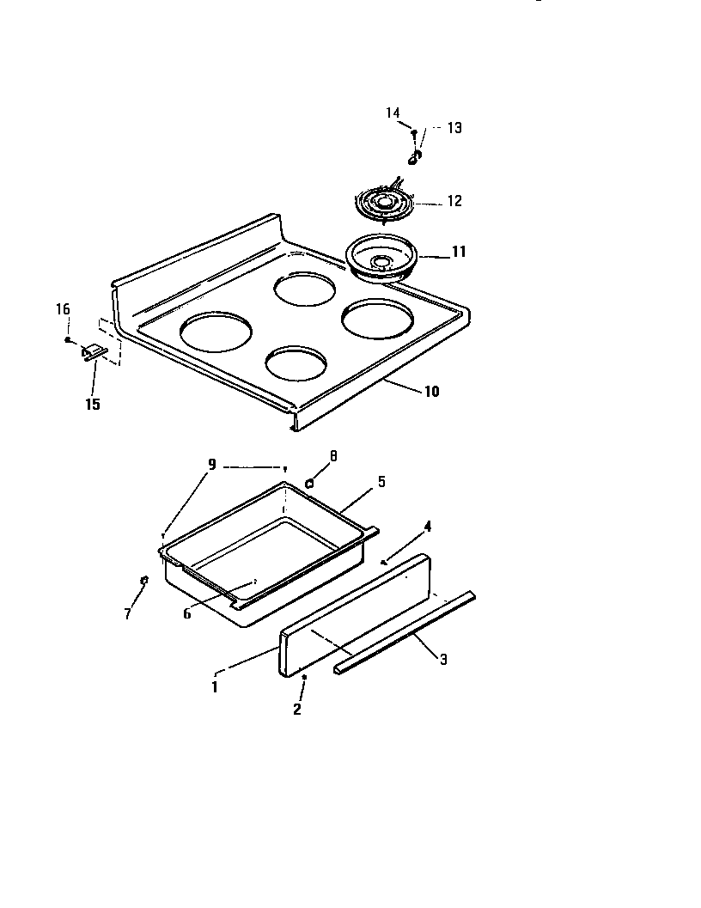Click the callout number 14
tap(393, 113)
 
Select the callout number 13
tap(454, 127)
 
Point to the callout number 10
tap(431, 391)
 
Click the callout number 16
tap(64, 309)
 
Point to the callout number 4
tap(427, 526)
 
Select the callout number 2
tap(297, 710)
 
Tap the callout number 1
tap(215, 686)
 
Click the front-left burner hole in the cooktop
tap(217, 332)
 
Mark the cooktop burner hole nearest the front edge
tap(296, 363)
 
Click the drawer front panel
tap(355, 614)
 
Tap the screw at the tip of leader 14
tap(414, 132)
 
